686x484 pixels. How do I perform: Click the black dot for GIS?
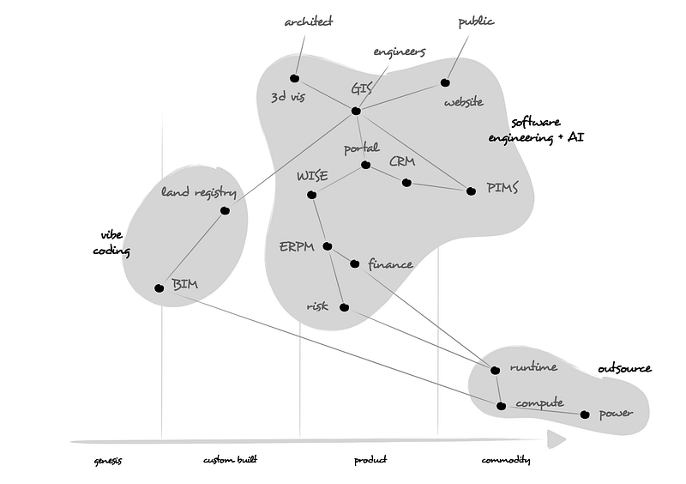(356, 110)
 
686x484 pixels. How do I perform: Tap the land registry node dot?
(225, 210)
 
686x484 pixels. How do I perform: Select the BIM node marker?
(159, 288)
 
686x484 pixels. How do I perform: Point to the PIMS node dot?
(471, 191)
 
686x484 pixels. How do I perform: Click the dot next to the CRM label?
(406, 182)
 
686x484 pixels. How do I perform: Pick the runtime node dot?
(495, 370)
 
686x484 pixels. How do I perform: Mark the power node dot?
(585, 414)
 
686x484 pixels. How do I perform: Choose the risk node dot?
(344, 308)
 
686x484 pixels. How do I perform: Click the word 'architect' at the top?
(308, 21)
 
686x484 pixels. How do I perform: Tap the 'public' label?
(477, 21)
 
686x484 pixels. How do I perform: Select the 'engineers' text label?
(400, 51)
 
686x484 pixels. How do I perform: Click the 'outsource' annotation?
(624, 369)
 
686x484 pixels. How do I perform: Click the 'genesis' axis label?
(108, 461)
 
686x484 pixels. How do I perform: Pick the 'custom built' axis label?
(231, 461)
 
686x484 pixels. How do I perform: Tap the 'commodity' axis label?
(505, 461)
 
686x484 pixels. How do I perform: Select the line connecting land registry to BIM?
(192, 249)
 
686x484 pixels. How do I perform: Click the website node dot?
(445, 82)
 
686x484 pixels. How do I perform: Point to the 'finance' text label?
(390, 264)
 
